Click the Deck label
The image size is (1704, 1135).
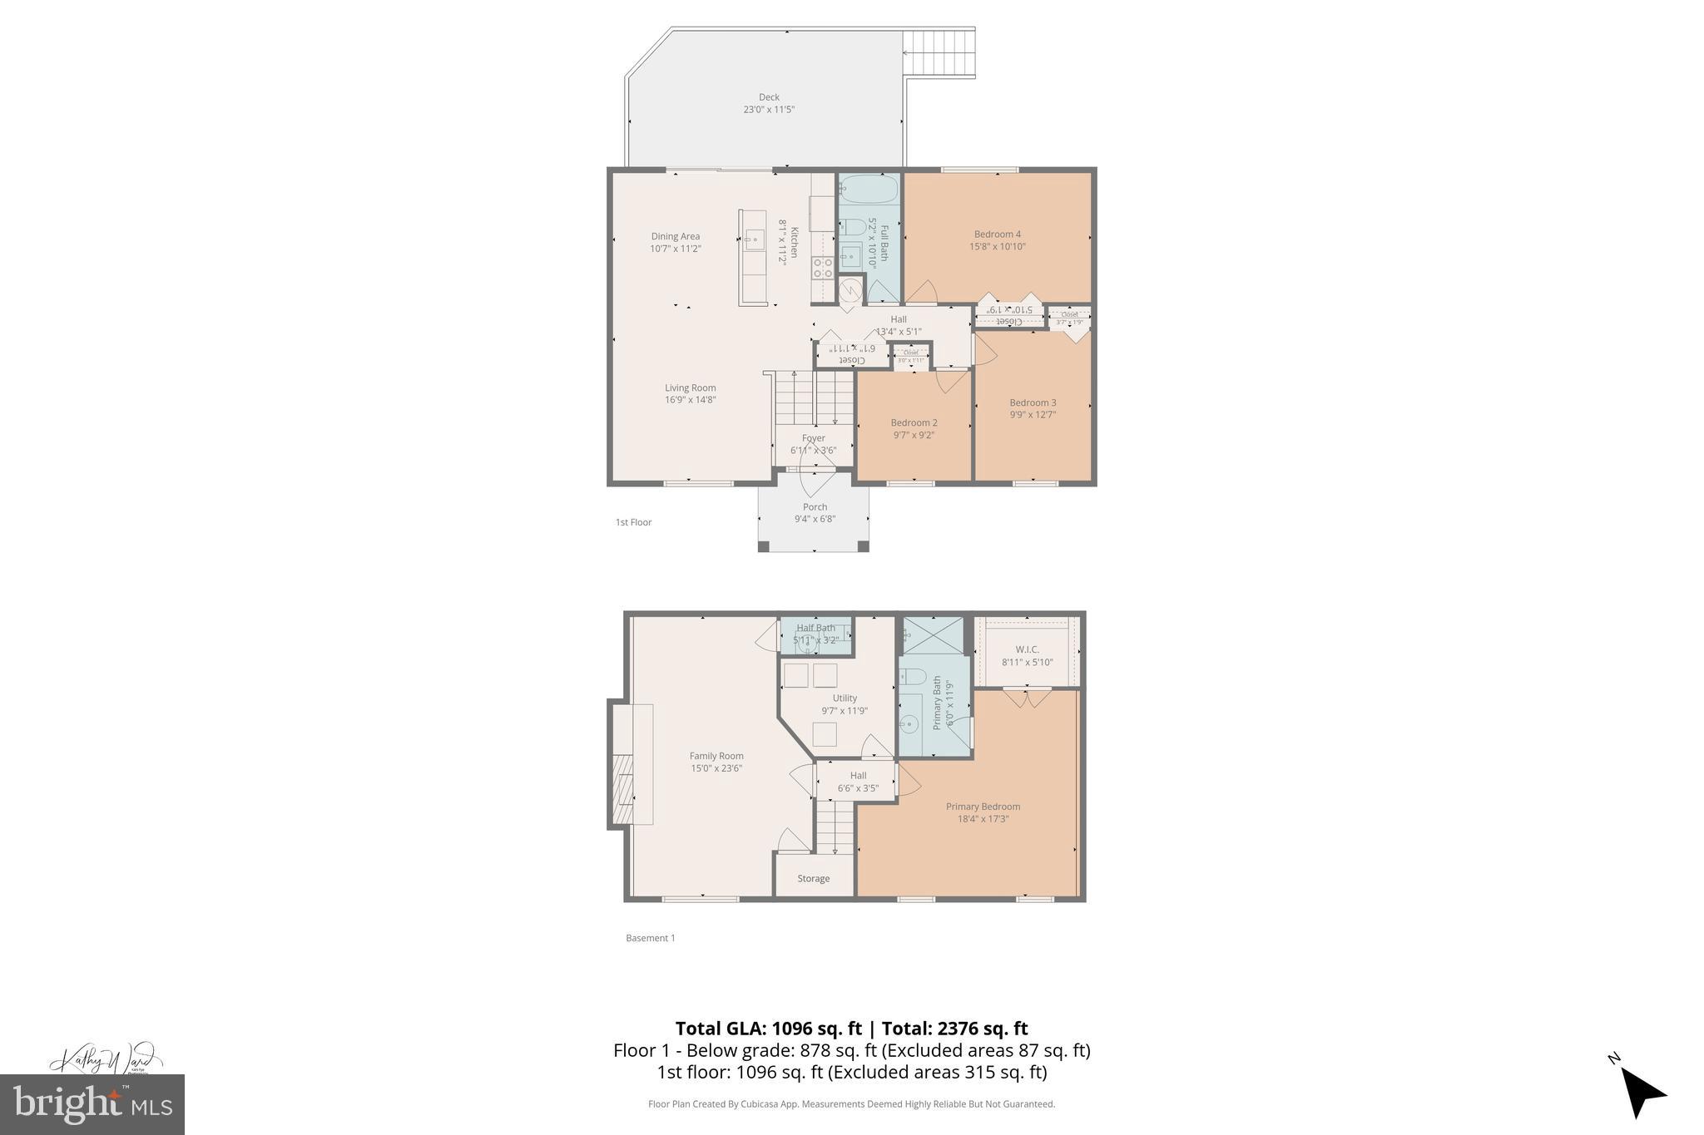(x=769, y=97)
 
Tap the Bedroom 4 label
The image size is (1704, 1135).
(x=997, y=234)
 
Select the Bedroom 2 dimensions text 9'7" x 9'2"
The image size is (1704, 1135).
(x=914, y=435)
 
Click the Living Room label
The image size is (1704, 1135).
(x=690, y=387)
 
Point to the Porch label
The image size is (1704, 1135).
(x=815, y=507)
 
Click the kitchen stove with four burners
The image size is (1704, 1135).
(x=822, y=268)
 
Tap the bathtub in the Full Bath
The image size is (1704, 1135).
(x=869, y=190)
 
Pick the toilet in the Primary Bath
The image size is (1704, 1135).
(x=913, y=676)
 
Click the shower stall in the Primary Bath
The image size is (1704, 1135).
(x=933, y=635)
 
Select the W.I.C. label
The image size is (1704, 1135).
(x=1027, y=649)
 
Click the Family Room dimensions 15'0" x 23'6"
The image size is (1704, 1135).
(x=716, y=768)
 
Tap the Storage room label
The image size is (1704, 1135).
(x=813, y=878)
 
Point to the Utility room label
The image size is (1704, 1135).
(x=845, y=698)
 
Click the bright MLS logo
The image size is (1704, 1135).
(x=92, y=1104)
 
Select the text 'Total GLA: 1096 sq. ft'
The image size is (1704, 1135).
(x=768, y=1029)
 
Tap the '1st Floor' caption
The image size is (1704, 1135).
(x=633, y=522)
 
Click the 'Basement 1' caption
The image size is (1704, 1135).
(x=650, y=938)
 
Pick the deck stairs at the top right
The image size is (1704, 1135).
(x=939, y=53)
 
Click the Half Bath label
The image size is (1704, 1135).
(x=815, y=628)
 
